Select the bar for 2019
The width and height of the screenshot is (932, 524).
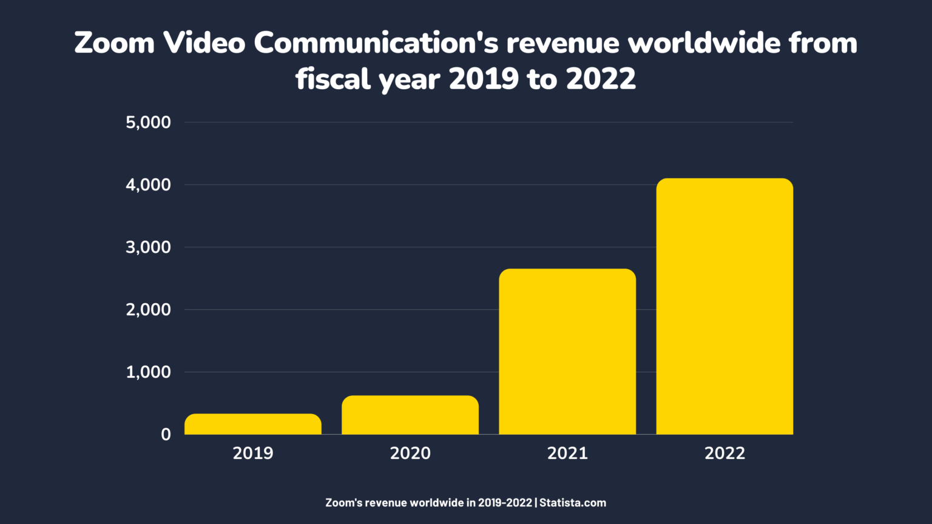coord(253,424)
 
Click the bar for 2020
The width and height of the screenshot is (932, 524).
coord(410,415)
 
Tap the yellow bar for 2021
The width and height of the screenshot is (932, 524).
coord(567,352)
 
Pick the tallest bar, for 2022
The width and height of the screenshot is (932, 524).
coord(724,306)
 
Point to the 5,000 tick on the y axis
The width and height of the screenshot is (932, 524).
coord(148,123)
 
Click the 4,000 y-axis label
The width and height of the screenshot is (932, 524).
coord(148,185)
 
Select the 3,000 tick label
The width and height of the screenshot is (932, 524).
coord(148,247)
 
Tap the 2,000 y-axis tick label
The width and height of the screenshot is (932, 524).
coord(148,310)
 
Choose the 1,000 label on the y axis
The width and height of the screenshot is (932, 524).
coord(148,372)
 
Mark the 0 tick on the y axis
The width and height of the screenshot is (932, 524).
coord(166,435)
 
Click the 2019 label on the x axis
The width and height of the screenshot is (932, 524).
coord(253,454)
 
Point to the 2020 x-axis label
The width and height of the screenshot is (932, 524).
coord(410,454)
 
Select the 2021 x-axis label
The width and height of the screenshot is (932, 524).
coord(567,454)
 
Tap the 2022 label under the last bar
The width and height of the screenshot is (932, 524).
coord(724,454)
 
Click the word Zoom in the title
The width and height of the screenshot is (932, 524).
coord(114,43)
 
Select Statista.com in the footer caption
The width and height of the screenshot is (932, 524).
coord(573,503)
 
